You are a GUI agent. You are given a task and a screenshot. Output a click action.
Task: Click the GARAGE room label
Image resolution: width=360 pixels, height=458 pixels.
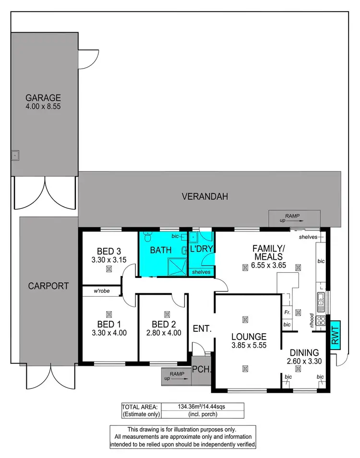point(44,97)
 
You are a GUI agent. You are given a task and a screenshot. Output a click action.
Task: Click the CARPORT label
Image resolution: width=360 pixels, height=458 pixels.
point(48,286)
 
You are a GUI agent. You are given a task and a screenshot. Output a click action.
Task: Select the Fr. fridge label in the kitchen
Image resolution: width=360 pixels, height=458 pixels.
point(287,312)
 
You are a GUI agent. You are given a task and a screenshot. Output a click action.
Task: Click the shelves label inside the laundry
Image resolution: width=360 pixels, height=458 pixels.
point(201,272)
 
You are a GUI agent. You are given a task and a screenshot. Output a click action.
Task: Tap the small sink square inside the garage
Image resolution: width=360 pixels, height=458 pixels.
point(15,155)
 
